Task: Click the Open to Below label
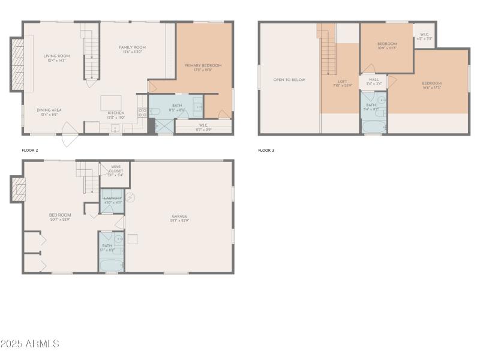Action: (x=289, y=80)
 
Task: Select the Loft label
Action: (x=343, y=83)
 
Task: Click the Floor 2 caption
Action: (x=30, y=150)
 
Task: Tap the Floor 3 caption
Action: (x=266, y=150)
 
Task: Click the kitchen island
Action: (x=110, y=102)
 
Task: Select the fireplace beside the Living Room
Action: (x=17, y=64)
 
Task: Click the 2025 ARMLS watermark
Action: (x=30, y=344)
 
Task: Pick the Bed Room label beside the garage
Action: (x=60, y=217)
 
